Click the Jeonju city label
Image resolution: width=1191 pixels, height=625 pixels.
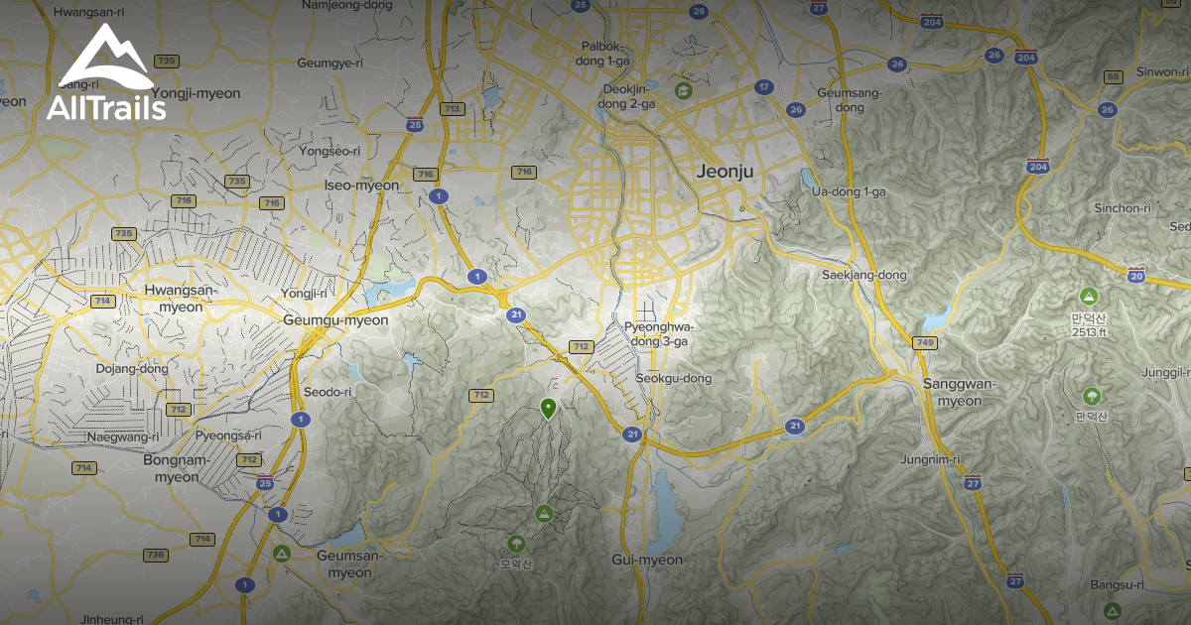pos(725,171)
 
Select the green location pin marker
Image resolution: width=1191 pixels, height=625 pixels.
pos(547,408)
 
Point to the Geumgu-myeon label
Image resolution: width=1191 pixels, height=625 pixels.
pos(335,320)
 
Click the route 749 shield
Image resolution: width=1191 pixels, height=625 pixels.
pos(925,343)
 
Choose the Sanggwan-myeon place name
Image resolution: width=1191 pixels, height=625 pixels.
pos(952,392)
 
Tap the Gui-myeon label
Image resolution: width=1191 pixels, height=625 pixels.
pos(647,560)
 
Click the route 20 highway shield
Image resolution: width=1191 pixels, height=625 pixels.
pos(1136,275)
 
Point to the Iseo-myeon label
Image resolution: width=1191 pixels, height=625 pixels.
pos(361,186)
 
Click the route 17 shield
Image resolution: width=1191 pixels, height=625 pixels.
pos(763,87)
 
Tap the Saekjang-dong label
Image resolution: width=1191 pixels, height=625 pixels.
pos(864,275)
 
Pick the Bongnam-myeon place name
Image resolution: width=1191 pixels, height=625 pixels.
pos(176,468)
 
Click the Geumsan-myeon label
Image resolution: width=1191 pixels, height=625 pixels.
pos(343,563)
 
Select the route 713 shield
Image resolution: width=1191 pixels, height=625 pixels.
pos(453,109)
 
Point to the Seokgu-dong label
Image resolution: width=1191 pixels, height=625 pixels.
pos(674,378)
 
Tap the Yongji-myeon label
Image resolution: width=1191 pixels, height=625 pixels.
pos(198,93)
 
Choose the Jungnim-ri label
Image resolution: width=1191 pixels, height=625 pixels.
pos(930,459)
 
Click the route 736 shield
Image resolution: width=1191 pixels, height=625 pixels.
pos(155,555)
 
